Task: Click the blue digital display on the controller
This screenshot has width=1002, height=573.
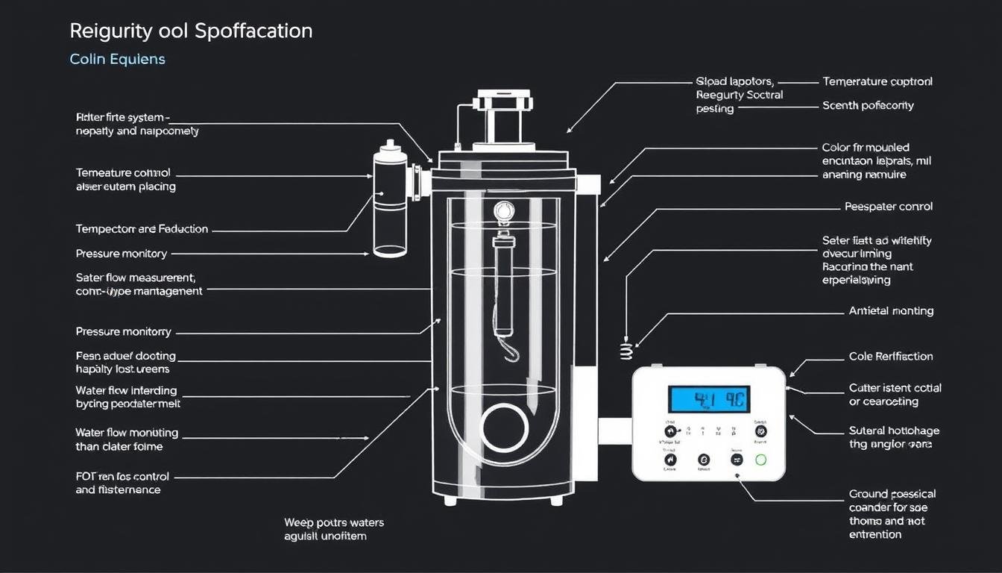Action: (x=708, y=399)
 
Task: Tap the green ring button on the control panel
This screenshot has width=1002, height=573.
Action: (x=760, y=460)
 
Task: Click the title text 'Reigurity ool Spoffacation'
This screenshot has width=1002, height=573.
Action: (x=191, y=31)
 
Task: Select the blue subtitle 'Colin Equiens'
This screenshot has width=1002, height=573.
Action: (x=117, y=59)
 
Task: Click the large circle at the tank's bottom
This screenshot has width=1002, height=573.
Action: (x=505, y=428)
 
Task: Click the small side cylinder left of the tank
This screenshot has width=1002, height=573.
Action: (x=390, y=198)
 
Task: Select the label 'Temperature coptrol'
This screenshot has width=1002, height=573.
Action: (x=877, y=81)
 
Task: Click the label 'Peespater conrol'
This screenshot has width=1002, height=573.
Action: (x=888, y=207)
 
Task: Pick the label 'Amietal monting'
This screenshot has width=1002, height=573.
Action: (x=891, y=311)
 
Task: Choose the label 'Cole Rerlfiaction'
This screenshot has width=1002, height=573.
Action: (x=890, y=357)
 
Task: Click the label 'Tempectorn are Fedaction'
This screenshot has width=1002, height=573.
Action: (x=142, y=229)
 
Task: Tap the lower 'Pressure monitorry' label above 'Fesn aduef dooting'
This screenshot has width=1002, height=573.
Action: (x=123, y=331)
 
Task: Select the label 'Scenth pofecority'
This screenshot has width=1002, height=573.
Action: (x=868, y=106)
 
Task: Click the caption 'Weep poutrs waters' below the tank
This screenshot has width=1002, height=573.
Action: (x=334, y=522)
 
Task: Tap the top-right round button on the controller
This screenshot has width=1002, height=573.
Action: (x=760, y=431)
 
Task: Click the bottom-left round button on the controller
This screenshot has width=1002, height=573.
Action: (x=669, y=460)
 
